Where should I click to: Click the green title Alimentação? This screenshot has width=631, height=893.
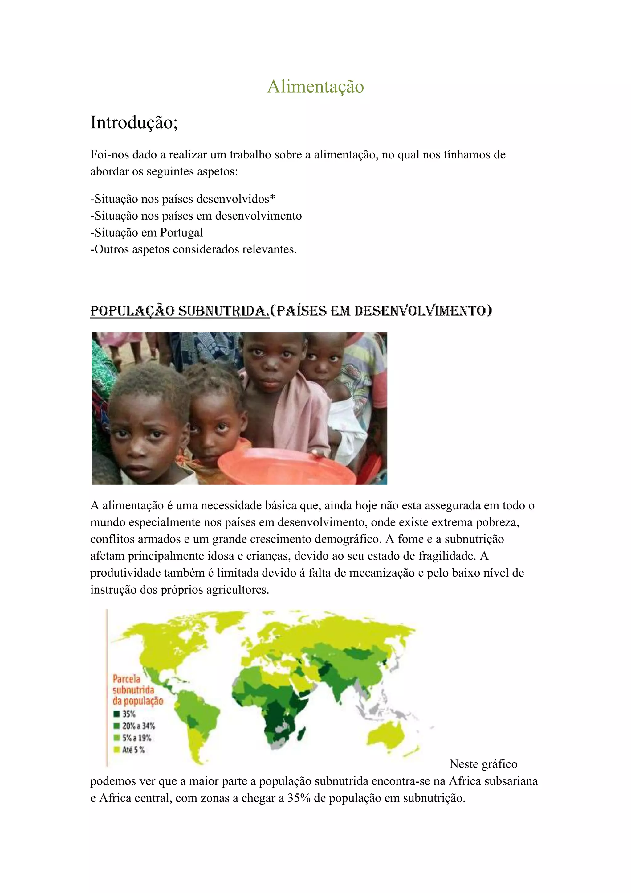pos(315,86)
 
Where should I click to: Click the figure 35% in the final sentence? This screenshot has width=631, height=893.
pos(299,798)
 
